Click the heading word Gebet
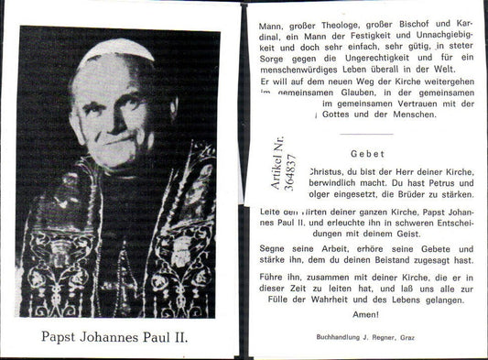(366, 154)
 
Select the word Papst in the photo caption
(60, 336)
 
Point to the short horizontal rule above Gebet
(366, 135)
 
